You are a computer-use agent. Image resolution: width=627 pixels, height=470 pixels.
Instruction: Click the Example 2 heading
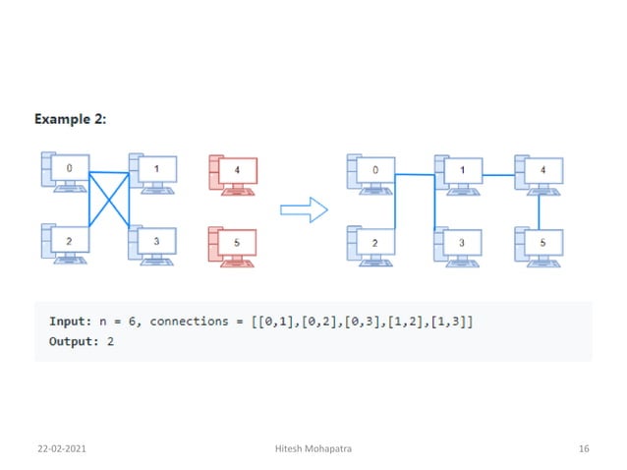coord(71,119)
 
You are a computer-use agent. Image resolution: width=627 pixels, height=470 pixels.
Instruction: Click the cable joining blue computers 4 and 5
coord(539,209)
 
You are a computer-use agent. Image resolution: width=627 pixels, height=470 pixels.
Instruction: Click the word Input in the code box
coord(70,323)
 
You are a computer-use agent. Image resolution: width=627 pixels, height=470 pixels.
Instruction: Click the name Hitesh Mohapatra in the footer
coord(314,448)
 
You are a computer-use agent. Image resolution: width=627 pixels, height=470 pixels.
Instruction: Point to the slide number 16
coord(584,448)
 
